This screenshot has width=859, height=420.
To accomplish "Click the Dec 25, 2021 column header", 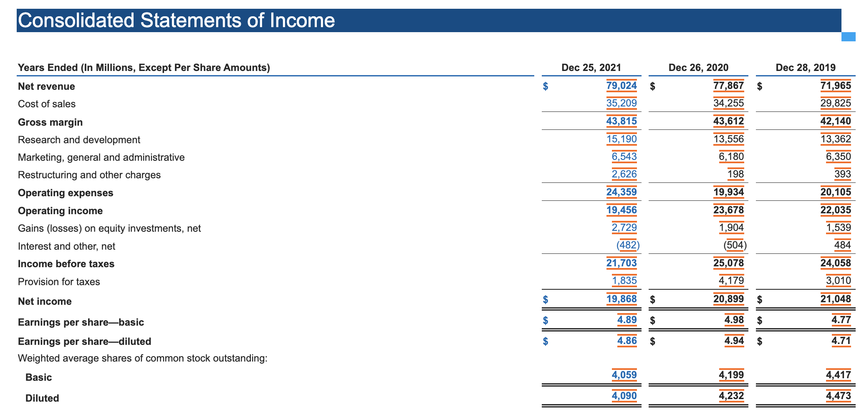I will [x=591, y=68].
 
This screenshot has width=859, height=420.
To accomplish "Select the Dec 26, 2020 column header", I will [x=698, y=68].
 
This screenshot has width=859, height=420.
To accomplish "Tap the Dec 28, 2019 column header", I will [x=806, y=68].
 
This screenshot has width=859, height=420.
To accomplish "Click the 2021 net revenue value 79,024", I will [x=622, y=86].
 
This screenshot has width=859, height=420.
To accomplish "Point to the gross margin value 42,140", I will [x=836, y=121].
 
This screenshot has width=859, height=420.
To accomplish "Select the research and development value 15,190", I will [x=622, y=139].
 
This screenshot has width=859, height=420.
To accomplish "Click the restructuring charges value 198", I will [x=735, y=174].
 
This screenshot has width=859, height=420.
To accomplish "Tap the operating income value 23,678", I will [x=728, y=210].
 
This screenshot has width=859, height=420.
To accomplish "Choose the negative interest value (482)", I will [x=628, y=245].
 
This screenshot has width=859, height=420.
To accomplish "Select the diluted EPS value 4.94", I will [x=734, y=341].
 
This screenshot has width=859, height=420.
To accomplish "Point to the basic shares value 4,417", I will [x=838, y=375].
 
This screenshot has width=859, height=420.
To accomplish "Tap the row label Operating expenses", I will [x=66, y=193].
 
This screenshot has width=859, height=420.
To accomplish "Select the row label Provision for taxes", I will [x=59, y=282].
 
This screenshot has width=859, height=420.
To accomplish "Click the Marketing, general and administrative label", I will [x=101, y=157].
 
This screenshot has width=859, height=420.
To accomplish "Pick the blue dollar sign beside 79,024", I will [x=545, y=86].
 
